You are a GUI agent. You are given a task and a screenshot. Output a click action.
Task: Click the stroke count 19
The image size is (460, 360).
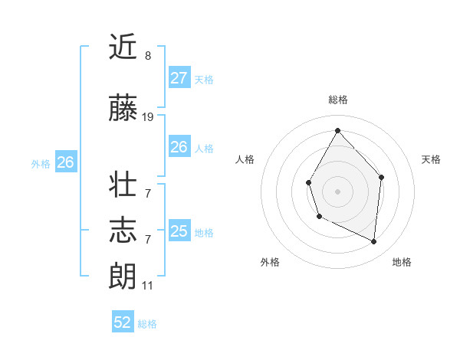coord(148,117)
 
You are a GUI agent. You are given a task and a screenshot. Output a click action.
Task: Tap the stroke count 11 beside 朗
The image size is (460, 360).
coord(148,286)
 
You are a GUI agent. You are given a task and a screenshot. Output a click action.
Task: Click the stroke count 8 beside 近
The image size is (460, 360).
coord(148,56)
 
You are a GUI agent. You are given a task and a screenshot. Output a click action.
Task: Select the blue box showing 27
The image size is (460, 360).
coord(179,78)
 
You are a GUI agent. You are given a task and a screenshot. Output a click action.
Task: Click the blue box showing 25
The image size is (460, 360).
coord(179,231)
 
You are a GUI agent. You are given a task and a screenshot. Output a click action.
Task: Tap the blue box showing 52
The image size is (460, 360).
coord(123,322)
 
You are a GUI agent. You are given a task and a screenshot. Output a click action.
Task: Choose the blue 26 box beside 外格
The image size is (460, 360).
coord(65,162)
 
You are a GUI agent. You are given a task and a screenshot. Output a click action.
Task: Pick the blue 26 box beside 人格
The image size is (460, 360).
coord(179,147)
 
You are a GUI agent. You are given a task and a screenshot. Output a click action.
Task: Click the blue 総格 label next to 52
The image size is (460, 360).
coord(148,324)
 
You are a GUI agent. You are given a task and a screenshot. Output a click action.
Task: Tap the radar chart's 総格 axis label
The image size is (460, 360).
coord(338,100)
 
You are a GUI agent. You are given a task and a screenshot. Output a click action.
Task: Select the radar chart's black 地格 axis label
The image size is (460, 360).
coord(402,262)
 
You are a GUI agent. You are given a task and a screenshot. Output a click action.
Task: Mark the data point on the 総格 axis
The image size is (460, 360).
coord(338,129)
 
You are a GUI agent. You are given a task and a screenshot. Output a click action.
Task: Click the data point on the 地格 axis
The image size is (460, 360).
coord(373,242)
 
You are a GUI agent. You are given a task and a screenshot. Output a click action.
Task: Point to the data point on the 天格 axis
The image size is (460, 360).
coord(381,178)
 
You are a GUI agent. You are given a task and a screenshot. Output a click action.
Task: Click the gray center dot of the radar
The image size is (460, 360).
coord(337,191)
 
